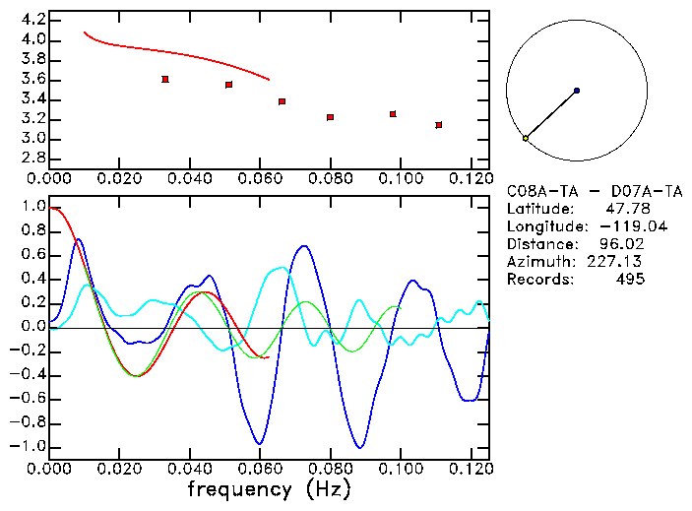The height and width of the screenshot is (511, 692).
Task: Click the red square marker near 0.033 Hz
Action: click(x=165, y=79)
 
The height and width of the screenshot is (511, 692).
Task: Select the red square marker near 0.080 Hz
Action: click(x=331, y=117)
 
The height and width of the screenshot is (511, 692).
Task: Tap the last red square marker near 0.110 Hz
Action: click(x=438, y=125)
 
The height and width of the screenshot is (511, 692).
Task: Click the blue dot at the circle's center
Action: click(x=576, y=91)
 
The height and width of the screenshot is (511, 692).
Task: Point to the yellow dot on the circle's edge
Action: click(x=525, y=139)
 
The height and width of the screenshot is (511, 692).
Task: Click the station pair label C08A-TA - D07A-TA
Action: click(x=594, y=192)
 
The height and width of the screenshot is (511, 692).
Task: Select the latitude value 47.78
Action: click(x=625, y=210)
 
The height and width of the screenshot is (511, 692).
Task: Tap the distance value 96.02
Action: click(x=621, y=244)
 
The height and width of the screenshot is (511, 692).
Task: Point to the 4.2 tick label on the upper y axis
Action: click(x=31, y=20)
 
